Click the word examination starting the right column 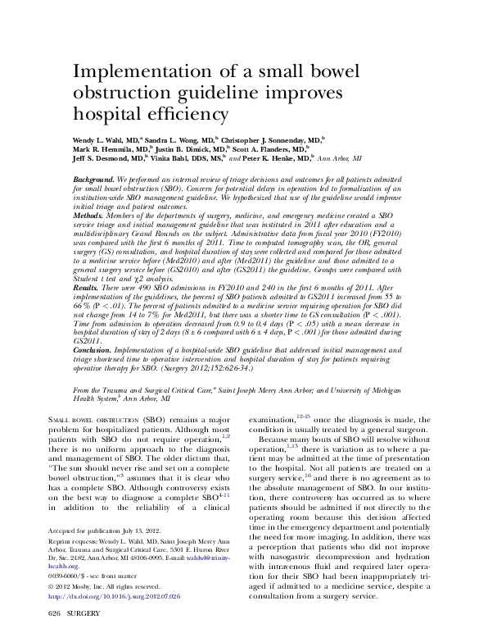click(274, 419)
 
